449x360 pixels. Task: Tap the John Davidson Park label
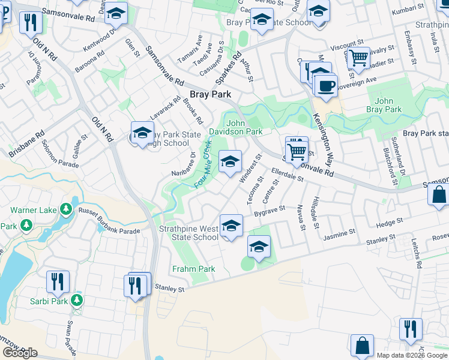(x=236, y=127)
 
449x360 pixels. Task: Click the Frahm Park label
(x=193, y=269)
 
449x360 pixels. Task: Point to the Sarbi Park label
(x=49, y=301)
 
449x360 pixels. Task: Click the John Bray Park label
(x=384, y=105)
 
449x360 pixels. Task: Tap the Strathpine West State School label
(x=188, y=233)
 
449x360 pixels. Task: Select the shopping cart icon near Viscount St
(x=358, y=59)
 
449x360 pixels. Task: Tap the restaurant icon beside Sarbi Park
(x=58, y=281)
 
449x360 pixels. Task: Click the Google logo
(x=20, y=353)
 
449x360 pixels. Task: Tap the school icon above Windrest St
(x=230, y=161)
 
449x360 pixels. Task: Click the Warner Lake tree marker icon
(x=66, y=210)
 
